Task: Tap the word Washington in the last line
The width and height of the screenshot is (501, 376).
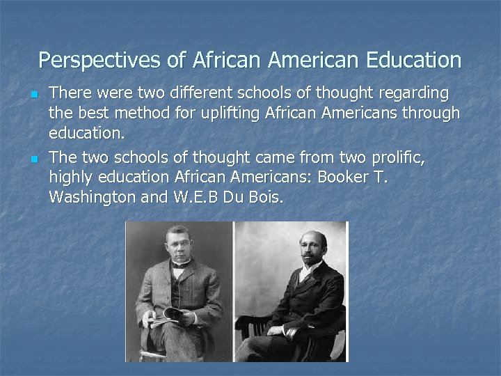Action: [93, 197]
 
